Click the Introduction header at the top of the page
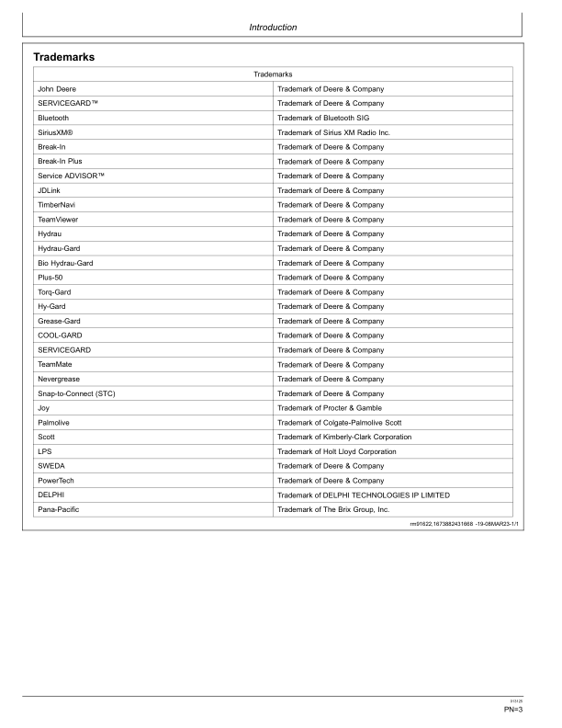(273, 28)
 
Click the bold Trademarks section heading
(64, 57)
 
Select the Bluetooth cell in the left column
(53, 118)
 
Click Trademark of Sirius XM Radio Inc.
(333, 132)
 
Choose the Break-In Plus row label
(60, 161)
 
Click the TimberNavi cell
(56, 205)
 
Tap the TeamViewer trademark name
(58, 220)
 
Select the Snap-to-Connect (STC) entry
(76, 393)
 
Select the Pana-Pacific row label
(59, 509)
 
